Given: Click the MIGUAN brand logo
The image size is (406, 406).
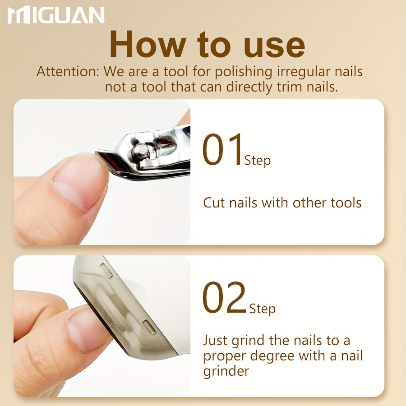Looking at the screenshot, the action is (x=56, y=15).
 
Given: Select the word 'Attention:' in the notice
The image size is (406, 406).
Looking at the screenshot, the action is (x=68, y=71).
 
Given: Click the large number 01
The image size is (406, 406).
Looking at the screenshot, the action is (x=222, y=149).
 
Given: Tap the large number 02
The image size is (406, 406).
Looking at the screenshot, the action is (x=224, y=298).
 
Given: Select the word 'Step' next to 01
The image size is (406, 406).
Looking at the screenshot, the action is (x=258, y=161).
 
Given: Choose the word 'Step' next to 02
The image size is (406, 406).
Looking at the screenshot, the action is (x=262, y=309).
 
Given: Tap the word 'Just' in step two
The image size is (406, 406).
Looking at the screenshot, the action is (x=215, y=341).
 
